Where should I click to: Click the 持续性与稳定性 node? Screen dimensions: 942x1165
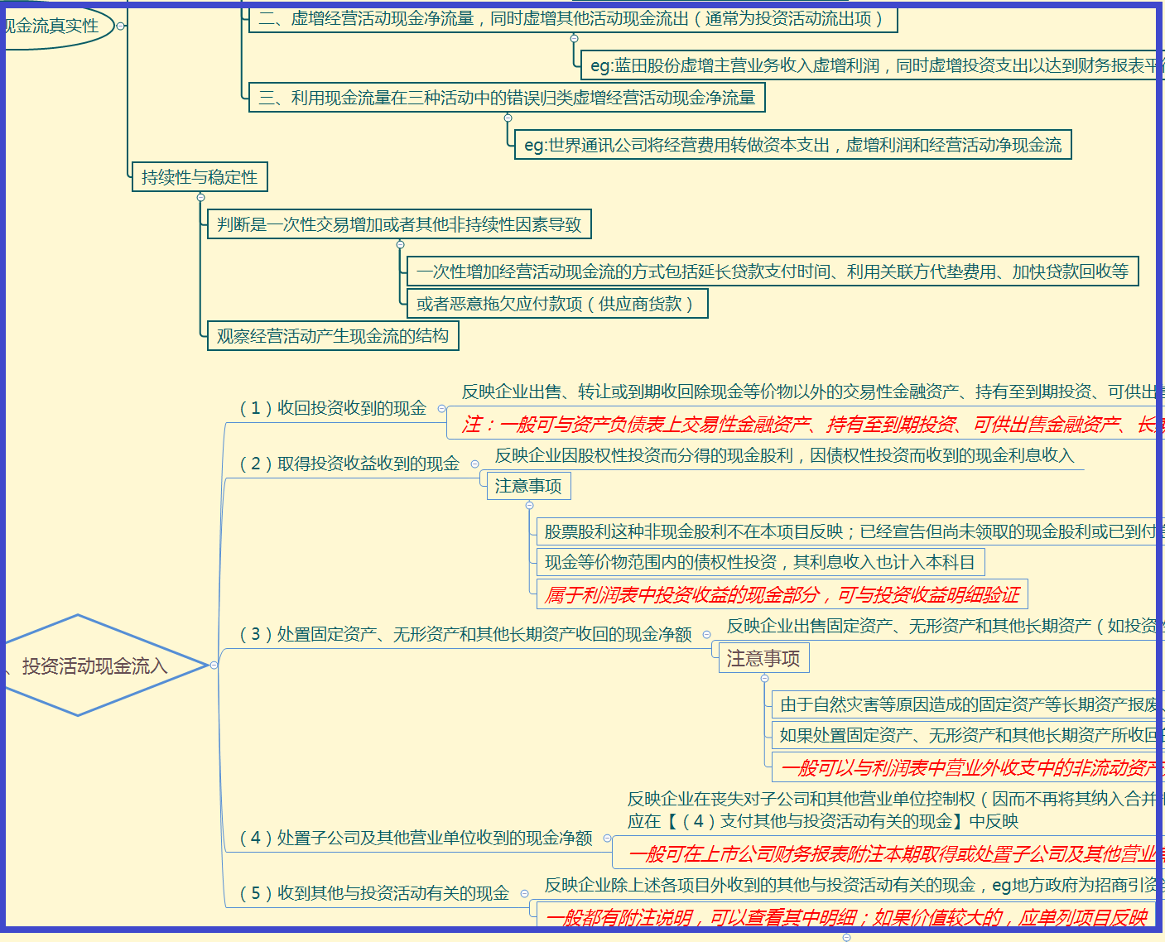click(x=200, y=177)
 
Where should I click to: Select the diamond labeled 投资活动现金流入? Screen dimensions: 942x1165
click(x=94, y=666)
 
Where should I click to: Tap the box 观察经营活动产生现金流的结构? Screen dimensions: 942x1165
click(x=333, y=336)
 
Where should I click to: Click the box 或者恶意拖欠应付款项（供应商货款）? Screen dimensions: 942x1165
click(x=557, y=304)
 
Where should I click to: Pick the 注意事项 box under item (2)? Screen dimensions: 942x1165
click(x=528, y=486)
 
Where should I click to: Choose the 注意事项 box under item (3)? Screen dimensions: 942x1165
click(x=763, y=658)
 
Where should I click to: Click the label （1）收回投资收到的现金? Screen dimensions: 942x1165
click(x=333, y=408)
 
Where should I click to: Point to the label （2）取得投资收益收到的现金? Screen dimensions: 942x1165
click(x=349, y=464)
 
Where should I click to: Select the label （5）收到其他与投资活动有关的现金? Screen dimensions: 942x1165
click(x=374, y=893)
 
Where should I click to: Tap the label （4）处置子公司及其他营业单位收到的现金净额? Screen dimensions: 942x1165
click(x=416, y=838)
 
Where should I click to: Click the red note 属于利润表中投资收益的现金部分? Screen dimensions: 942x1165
click(x=782, y=594)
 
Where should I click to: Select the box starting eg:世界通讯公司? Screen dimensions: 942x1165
click(x=792, y=145)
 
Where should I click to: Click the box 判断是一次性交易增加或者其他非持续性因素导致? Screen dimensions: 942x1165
click(x=399, y=224)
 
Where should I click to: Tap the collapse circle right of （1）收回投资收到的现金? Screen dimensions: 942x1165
click(x=441, y=408)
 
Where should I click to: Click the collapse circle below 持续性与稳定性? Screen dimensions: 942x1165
click(x=200, y=197)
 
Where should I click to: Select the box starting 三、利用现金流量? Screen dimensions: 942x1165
click(x=507, y=98)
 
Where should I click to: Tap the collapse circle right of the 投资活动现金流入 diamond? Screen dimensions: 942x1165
click(x=214, y=666)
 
